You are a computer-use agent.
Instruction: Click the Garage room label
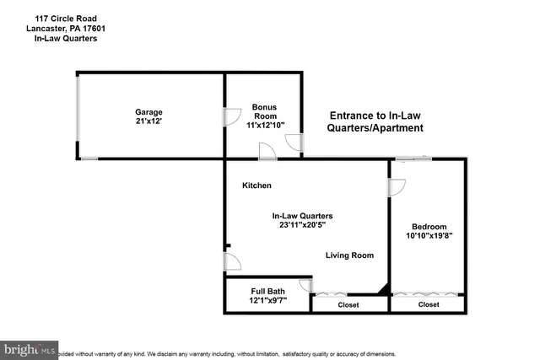[149, 112]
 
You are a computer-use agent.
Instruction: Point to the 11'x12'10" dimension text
[265, 125]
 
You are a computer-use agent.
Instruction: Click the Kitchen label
[256, 185]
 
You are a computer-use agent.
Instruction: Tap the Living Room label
[349, 255]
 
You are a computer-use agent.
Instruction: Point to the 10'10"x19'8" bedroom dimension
[429, 236]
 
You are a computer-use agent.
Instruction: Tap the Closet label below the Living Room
[348, 304]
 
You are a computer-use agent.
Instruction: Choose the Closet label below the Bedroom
[429, 304]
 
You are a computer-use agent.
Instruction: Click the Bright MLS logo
[30, 348]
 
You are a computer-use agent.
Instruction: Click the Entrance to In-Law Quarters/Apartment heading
[375, 122]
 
